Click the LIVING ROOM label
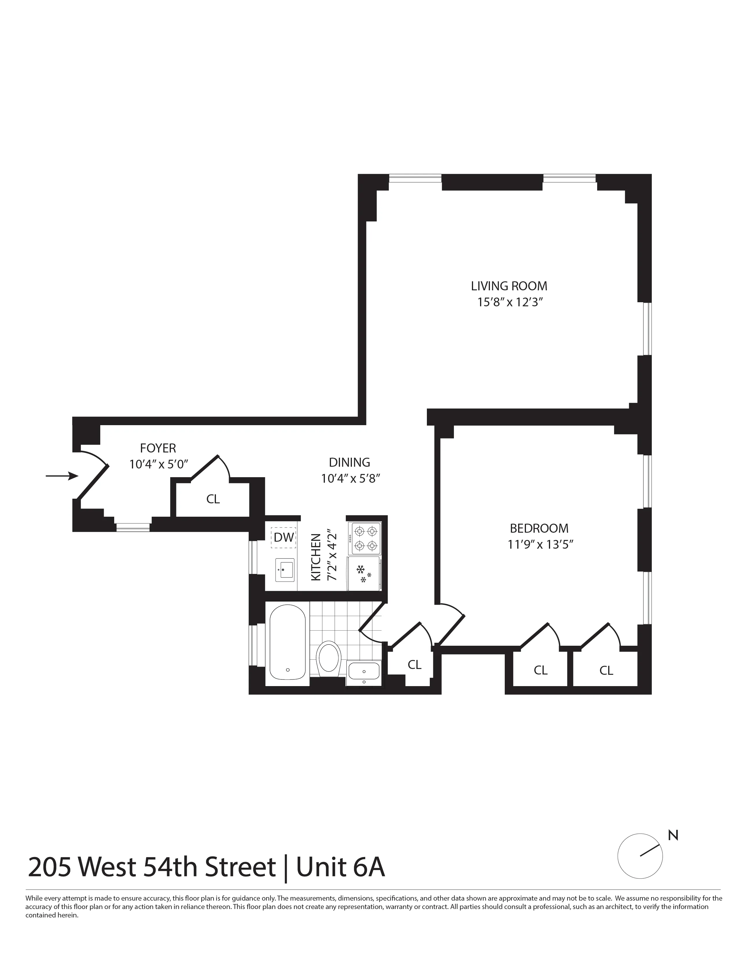pyautogui.click(x=509, y=286)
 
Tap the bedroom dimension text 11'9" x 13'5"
pyautogui.click(x=540, y=545)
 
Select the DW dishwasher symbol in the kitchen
pyautogui.click(x=284, y=537)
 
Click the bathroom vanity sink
pyautogui.click(x=364, y=670)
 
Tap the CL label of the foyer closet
pyautogui.click(x=213, y=499)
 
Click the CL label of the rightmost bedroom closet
pyautogui.click(x=606, y=670)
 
